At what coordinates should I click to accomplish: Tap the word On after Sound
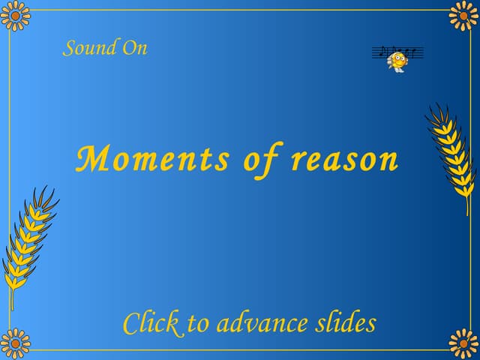[134, 48]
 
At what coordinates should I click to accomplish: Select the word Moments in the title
[153, 160]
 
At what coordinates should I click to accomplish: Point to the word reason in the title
[344, 160]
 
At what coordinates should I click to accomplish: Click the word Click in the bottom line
[151, 323]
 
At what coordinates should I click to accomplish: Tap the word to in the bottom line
[199, 324]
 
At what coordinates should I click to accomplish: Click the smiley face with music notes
[397, 58]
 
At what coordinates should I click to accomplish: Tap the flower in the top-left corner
[15, 15]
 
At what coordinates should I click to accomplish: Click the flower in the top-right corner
[464, 15]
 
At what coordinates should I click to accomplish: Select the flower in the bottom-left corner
[15, 344]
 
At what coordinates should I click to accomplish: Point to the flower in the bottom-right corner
[464, 344]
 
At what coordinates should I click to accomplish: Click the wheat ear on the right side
[451, 154]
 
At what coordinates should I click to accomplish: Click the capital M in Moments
[91, 159]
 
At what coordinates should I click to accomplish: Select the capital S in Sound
[70, 49]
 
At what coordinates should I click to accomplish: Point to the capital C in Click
[130, 323]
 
